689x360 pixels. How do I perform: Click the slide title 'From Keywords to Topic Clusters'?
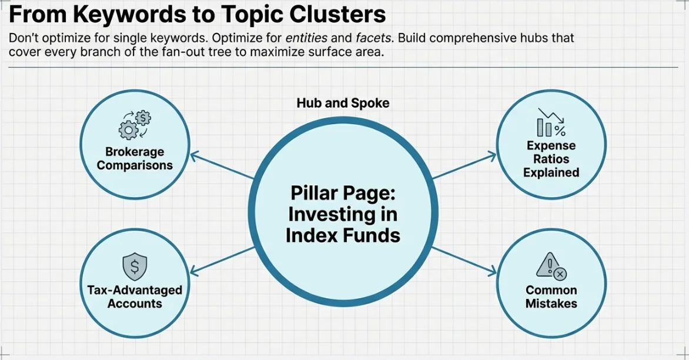coord(198,14)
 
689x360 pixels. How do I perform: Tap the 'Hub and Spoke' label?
coord(343,103)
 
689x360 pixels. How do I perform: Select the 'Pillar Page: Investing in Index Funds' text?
coord(344,214)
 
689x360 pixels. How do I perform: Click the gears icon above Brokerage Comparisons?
coord(135,125)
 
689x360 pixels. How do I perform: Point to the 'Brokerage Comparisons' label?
coord(135,159)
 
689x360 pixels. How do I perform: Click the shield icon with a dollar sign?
coord(134,268)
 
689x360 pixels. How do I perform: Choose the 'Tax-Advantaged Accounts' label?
coord(135,297)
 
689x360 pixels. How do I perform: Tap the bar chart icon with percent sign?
coord(551,123)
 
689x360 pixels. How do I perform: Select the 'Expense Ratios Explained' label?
coord(551,159)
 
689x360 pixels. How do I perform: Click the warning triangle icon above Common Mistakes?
coord(551,268)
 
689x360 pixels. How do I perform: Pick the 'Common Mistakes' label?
coord(551,297)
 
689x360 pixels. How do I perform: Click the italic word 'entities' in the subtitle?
coord(306,38)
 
